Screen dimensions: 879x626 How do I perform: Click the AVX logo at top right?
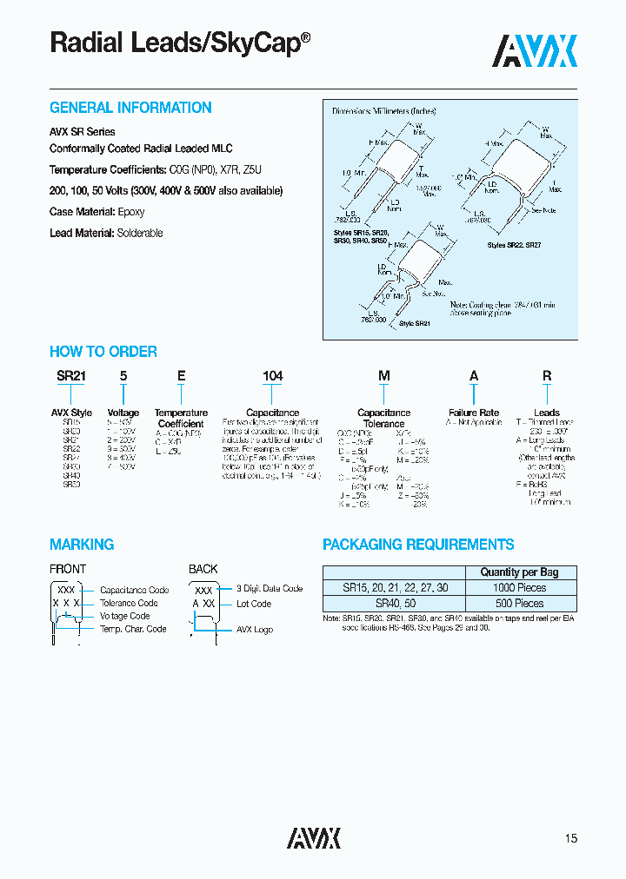pyautogui.click(x=535, y=51)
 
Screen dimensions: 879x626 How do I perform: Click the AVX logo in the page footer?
pyautogui.click(x=314, y=837)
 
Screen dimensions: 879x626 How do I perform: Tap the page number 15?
pyautogui.click(x=570, y=838)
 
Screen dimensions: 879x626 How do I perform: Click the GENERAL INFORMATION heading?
pyautogui.click(x=130, y=108)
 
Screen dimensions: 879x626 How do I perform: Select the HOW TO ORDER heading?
pyautogui.click(x=103, y=352)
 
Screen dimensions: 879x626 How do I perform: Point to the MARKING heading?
pyautogui.click(x=82, y=545)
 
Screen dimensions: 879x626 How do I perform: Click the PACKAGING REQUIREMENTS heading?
pyautogui.click(x=418, y=545)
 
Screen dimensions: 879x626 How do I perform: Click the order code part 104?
pyautogui.click(x=273, y=376)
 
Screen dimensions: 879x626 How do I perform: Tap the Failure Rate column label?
pyautogui.click(x=474, y=413)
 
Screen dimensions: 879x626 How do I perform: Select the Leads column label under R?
pyautogui.click(x=547, y=413)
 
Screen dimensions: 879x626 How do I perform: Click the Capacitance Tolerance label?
pyautogui.click(x=383, y=418)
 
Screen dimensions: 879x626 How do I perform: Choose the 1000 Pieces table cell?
pyautogui.click(x=519, y=587)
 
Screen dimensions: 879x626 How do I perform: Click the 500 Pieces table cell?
pyautogui.click(x=519, y=602)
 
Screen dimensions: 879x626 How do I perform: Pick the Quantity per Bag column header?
pyautogui.click(x=519, y=572)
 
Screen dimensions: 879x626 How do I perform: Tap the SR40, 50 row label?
pyautogui.click(x=396, y=602)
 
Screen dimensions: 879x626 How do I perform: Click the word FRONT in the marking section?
pyautogui.click(x=68, y=569)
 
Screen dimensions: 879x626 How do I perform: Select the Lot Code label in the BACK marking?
pyautogui.click(x=254, y=604)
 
